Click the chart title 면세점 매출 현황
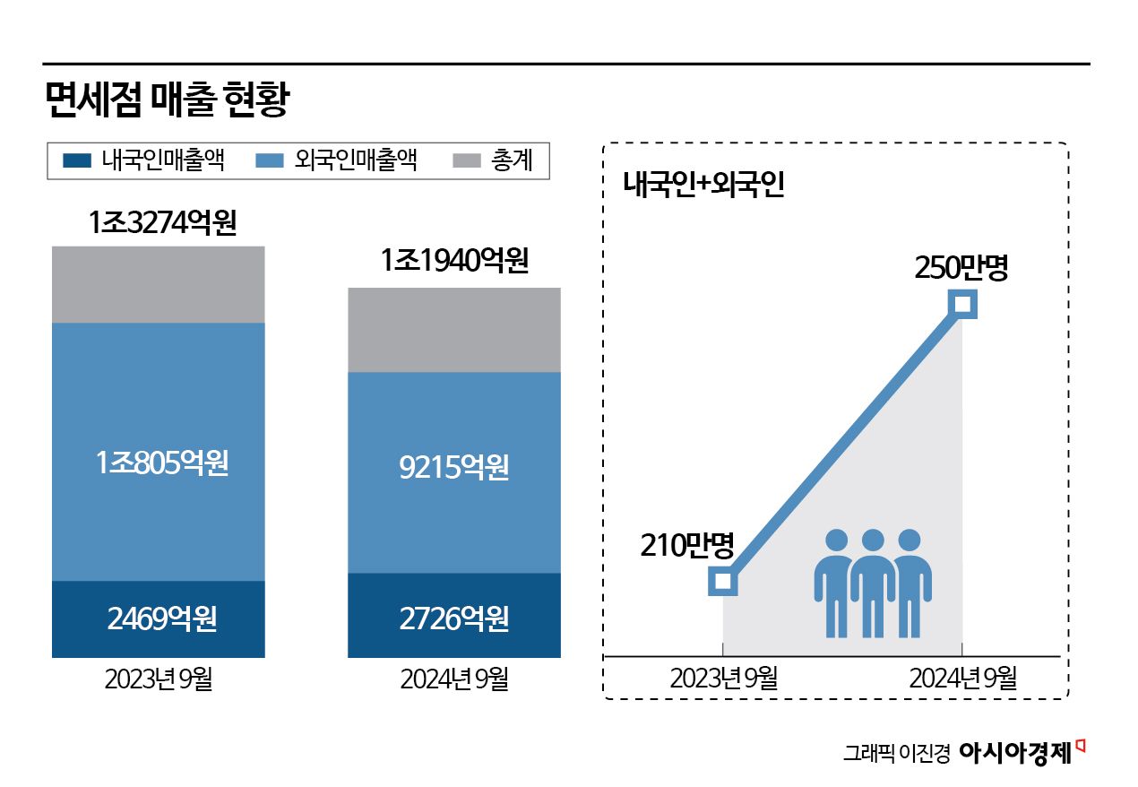click(x=167, y=99)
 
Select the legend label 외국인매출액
click(x=355, y=161)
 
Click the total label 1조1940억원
click(x=454, y=261)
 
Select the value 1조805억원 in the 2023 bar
click(x=162, y=463)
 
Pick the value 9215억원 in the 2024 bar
click(x=454, y=467)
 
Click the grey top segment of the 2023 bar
click(x=159, y=284)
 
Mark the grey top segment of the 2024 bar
click(x=454, y=329)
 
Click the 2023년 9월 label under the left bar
click(x=159, y=679)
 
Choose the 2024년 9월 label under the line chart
click(x=962, y=679)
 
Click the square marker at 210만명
click(x=723, y=581)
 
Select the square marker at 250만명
click(x=962, y=304)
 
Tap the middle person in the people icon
click(x=872, y=583)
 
